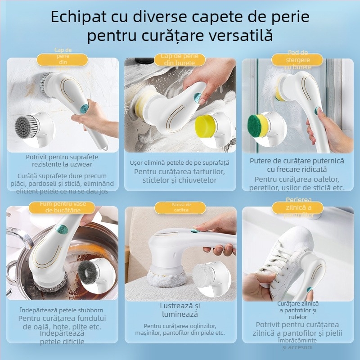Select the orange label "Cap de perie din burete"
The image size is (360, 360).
pos(180,60)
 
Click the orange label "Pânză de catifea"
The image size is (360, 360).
pos(180,207)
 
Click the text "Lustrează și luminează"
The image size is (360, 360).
pos(180,310)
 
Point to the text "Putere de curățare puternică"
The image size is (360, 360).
pos(297,161)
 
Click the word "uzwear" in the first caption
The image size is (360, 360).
pos(86,164)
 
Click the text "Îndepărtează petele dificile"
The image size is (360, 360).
pos(62,337)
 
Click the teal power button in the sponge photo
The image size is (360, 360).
pos(197,98)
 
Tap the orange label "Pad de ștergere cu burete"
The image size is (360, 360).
pos(297,60)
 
